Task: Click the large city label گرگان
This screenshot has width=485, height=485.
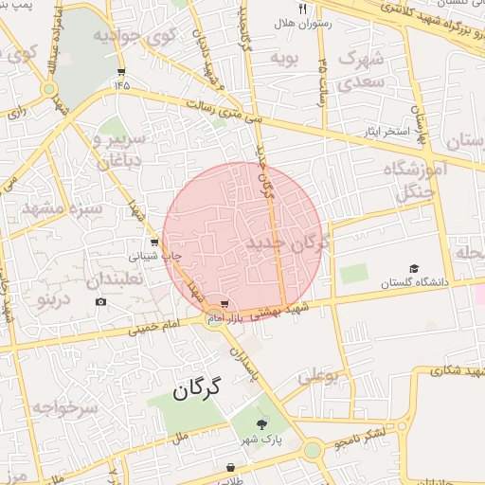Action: [197, 387]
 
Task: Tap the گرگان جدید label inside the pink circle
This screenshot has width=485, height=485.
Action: [286, 243]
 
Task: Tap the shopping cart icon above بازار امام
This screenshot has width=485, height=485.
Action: [224, 304]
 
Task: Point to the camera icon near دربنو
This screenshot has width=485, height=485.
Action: [101, 302]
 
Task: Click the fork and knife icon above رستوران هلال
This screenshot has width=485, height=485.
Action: [302, 8]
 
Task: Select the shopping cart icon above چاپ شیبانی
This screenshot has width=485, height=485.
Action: [153, 242]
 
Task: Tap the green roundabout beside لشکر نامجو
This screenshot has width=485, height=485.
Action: [312, 450]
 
